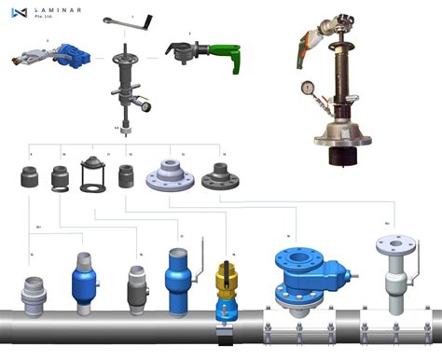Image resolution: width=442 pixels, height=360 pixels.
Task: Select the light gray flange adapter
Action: pos(169,175)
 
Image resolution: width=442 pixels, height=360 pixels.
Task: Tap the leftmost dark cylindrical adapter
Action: pos(30,176)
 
